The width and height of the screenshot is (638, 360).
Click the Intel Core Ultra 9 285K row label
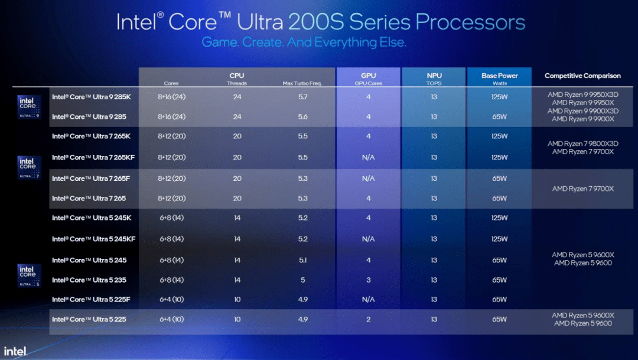[92, 96]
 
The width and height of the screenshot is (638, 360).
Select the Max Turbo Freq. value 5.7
[302, 96]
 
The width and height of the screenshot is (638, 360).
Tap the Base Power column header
[499, 76]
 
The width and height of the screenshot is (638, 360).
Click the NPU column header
[434, 76]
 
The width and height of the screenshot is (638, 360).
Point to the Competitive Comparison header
[582, 76]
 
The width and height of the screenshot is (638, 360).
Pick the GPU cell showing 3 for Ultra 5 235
[368, 280]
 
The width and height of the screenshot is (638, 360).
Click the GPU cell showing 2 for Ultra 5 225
[368, 319]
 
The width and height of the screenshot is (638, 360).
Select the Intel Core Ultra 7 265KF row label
[93, 157]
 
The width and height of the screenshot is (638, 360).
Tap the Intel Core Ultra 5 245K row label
[92, 218]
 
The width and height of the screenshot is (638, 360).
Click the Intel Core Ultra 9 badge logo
[28, 106]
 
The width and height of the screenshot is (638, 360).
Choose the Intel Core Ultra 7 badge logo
[28, 167]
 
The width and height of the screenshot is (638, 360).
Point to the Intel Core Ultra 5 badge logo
[28, 275]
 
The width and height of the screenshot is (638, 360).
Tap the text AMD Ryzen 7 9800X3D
[582, 144]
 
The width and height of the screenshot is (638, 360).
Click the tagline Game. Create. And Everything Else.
[304, 43]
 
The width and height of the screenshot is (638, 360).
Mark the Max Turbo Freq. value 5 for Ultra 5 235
[302, 280]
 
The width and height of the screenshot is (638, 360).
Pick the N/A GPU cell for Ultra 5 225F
[368, 299]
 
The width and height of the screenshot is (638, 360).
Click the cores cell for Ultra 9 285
[172, 116]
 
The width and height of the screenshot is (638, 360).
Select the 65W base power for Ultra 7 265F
[499, 178]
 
